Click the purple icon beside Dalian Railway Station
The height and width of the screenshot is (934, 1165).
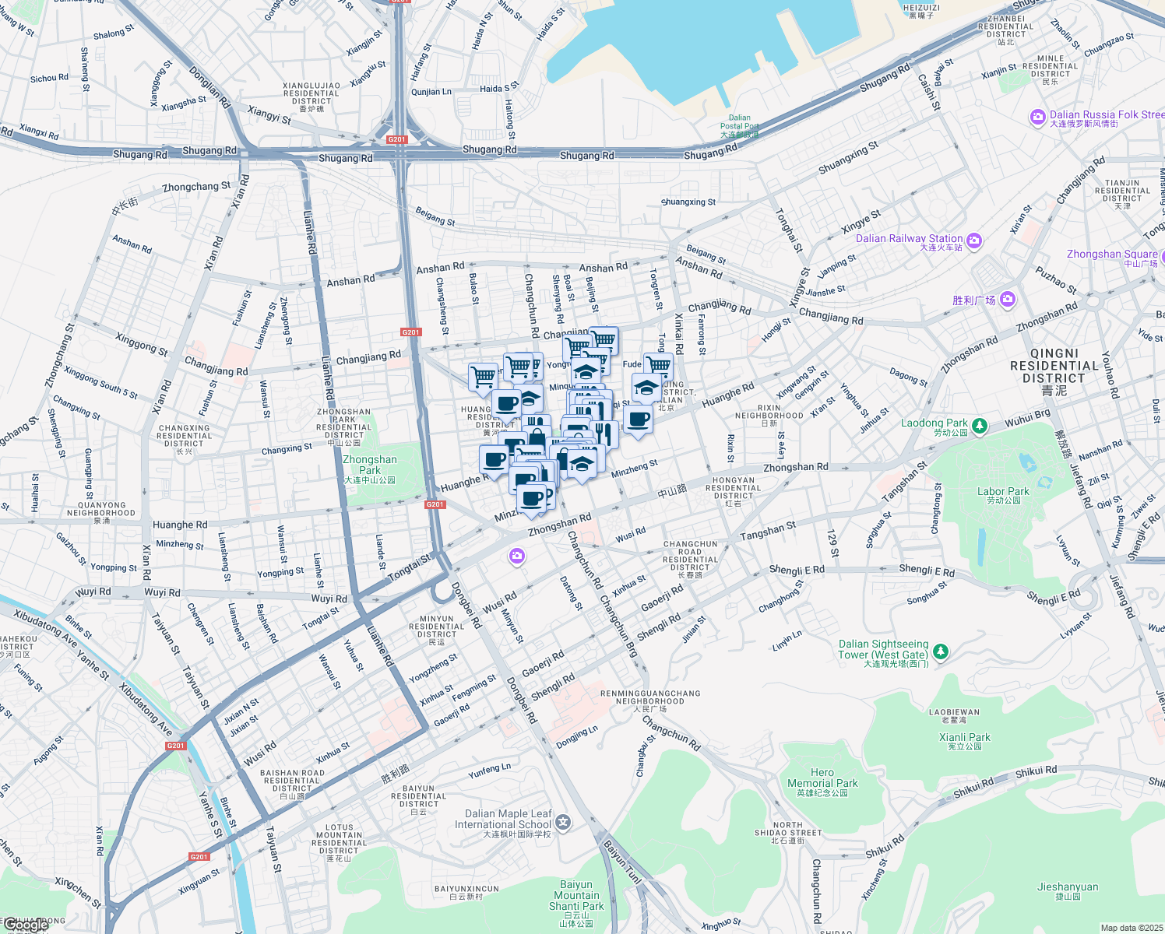point(974,241)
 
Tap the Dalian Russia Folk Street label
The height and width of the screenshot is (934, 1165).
point(1106,115)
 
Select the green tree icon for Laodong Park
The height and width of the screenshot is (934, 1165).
point(980,425)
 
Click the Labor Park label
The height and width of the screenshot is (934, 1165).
point(1003,492)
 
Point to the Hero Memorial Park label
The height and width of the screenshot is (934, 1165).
point(822,778)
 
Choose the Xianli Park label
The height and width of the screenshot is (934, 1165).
point(965,738)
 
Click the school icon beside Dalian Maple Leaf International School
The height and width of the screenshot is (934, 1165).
point(563,822)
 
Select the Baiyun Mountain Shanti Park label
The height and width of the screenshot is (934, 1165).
point(576,896)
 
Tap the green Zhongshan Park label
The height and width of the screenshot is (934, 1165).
point(370,465)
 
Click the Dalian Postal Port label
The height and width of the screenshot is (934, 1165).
point(739,122)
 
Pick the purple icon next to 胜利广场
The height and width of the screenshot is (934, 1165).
point(1008,299)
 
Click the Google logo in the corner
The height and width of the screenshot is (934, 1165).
point(25,925)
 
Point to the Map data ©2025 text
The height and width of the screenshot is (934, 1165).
point(1132,928)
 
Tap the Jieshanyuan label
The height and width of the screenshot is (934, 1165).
point(1068,887)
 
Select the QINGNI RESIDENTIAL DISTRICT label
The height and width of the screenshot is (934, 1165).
point(1054,366)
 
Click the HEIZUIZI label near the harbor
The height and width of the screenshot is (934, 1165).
point(921,9)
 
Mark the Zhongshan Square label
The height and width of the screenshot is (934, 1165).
point(1111,255)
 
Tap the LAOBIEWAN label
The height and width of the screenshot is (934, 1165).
point(954,712)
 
